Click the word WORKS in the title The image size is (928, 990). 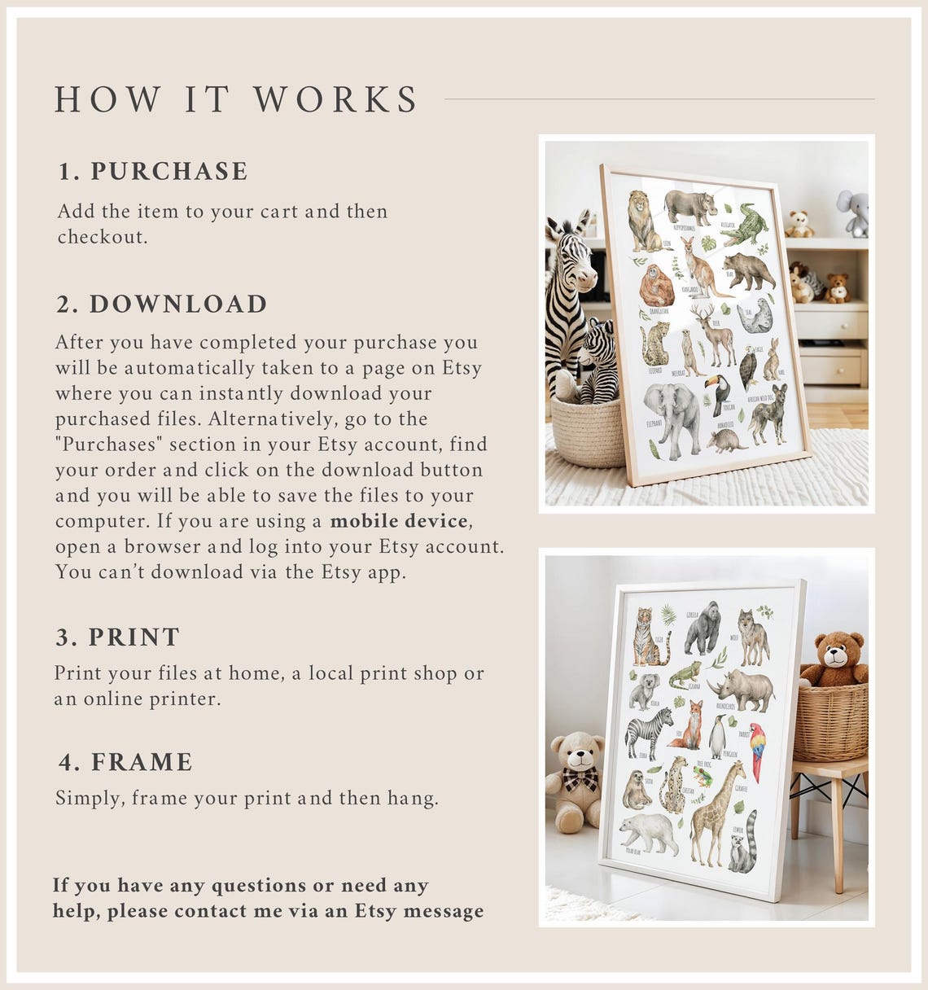(x=335, y=99)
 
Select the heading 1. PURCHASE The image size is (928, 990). (x=153, y=171)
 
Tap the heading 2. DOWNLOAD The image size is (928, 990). (x=162, y=304)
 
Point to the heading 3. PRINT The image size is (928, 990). (x=118, y=637)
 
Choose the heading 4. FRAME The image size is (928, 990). (x=126, y=762)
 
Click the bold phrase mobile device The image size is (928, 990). (x=400, y=521)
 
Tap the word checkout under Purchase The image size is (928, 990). (x=102, y=237)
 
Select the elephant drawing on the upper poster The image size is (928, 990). (x=674, y=415)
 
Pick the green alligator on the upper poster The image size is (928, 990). (x=744, y=226)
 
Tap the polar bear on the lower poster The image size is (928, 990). (x=648, y=832)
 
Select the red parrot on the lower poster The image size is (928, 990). (x=757, y=749)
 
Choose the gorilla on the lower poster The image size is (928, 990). (x=702, y=629)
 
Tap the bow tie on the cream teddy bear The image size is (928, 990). (x=580, y=779)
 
